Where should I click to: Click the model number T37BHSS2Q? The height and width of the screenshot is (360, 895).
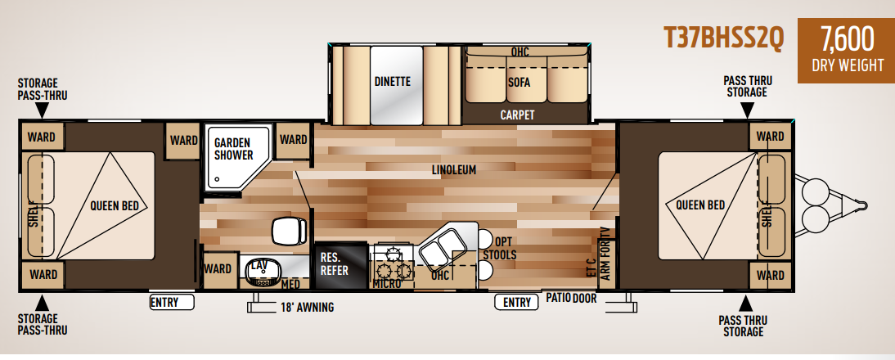click(x=723, y=38)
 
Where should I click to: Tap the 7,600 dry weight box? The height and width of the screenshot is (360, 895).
click(x=846, y=50)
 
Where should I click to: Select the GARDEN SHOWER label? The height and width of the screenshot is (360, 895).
click(x=234, y=148)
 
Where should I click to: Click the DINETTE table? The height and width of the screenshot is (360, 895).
click(x=396, y=85)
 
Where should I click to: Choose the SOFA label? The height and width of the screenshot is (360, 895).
click(x=519, y=82)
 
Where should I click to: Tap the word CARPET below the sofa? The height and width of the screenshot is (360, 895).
click(x=517, y=115)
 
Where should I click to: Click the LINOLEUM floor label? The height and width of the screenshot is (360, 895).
click(x=454, y=169)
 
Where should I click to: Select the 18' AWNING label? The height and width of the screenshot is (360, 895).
click(x=307, y=308)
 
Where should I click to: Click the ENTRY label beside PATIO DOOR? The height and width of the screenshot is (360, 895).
click(x=516, y=302)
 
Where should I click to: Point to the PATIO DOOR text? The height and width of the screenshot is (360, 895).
click(x=571, y=297)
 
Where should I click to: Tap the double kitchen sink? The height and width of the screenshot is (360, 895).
click(x=442, y=248)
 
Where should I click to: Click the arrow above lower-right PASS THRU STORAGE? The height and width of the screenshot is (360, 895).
click(x=746, y=303)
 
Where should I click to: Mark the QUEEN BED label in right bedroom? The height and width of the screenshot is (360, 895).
click(x=699, y=205)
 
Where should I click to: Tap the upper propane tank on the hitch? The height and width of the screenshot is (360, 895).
click(x=815, y=191)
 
